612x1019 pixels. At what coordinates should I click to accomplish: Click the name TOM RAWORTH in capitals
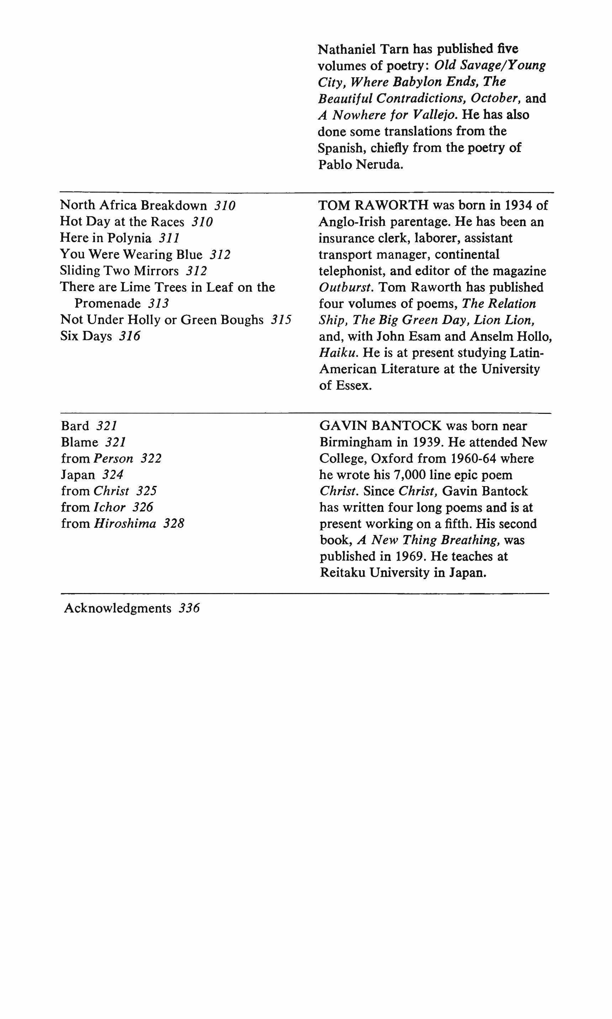(374, 205)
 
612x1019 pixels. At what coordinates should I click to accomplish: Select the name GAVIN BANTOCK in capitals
(381, 426)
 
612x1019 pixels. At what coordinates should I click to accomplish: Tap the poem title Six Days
(86, 336)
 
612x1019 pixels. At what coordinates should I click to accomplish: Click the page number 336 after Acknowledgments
(189, 608)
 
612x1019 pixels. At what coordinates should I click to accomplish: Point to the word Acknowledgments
(117, 608)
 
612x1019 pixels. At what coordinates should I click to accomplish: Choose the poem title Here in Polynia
(106, 238)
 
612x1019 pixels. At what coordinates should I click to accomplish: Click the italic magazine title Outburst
(345, 287)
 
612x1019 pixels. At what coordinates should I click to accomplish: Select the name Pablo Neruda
(360, 164)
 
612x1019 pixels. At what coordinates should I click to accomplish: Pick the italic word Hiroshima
(125, 523)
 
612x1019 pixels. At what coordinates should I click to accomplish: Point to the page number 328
(174, 523)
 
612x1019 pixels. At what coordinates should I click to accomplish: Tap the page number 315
(281, 320)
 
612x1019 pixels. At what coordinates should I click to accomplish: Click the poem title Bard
(75, 426)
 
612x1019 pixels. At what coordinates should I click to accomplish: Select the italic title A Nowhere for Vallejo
(388, 114)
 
